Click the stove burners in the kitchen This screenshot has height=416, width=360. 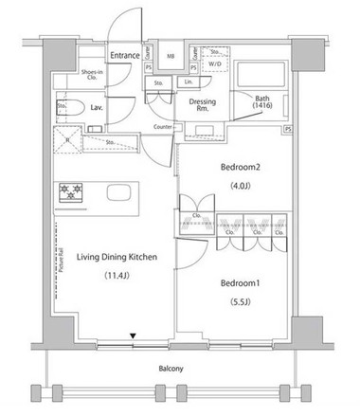70,193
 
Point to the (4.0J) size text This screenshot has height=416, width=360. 240,186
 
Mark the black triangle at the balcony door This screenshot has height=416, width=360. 133,334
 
